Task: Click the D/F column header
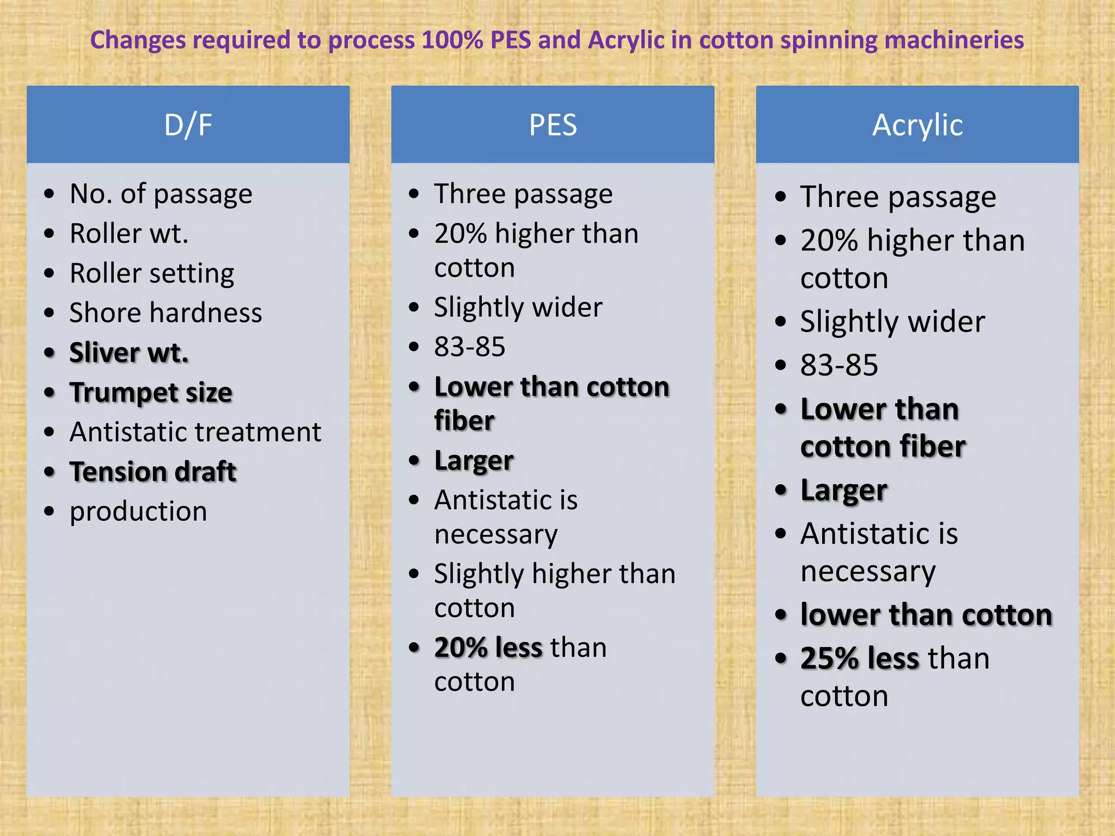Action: tap(188, 125)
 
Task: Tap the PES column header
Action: tap(553, 125)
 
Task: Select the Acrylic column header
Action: tap(917, 125)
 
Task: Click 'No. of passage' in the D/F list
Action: tap(161, 194)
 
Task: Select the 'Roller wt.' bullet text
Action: tap(129, 233)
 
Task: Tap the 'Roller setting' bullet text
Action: tap(152, 273)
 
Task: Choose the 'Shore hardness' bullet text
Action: tap(166, 313)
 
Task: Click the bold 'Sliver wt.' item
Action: tap(129, 353)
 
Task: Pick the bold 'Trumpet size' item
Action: tap(151, 392)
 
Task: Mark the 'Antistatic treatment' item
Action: tap(195, 432)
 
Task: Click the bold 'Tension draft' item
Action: tap(153, 471)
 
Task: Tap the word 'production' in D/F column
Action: tap(138, 512)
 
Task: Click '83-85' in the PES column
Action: tap(469, 347)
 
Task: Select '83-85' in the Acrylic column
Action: tap(839, 365)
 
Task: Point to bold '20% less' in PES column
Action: tap(488, 648)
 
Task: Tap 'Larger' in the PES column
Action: tap(474, 461)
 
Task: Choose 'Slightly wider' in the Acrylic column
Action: tap(892, 322)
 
